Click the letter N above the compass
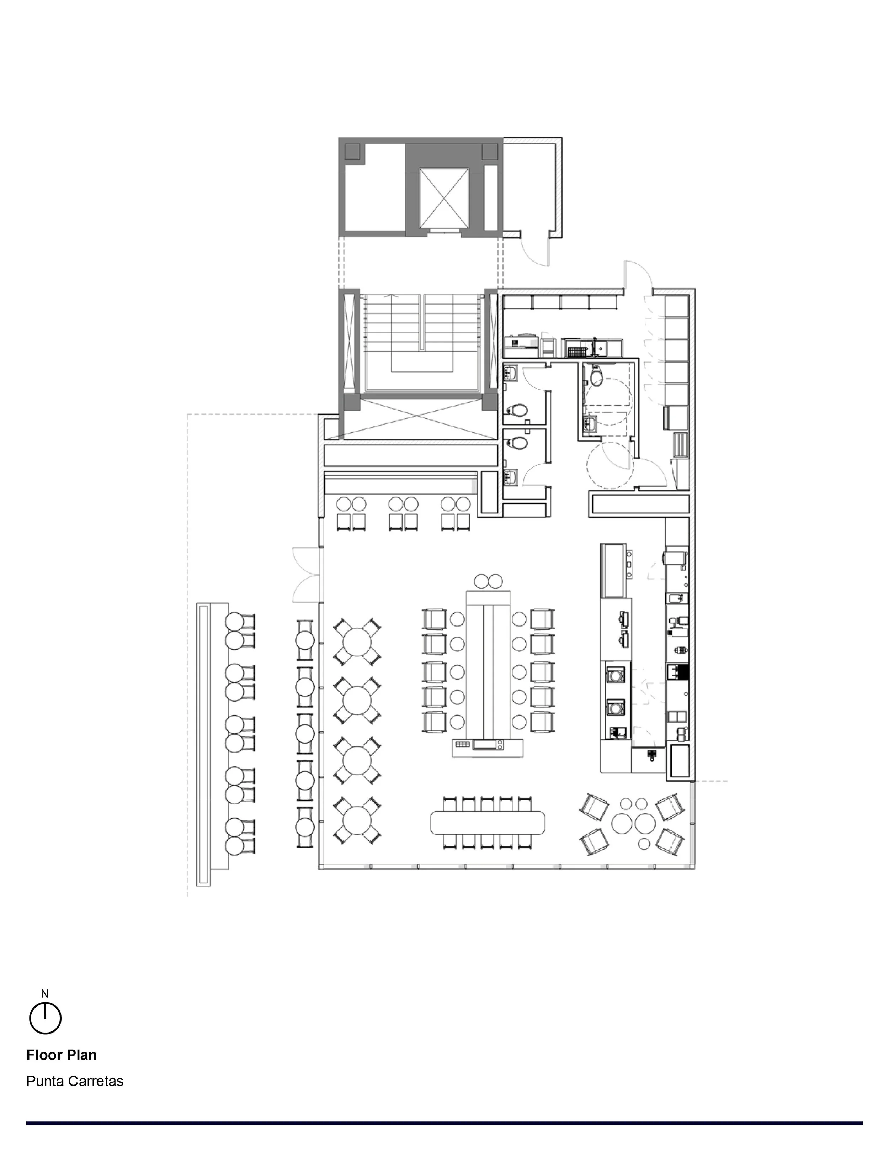[45, 994]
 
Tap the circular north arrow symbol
[45, 1018]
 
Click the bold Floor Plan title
[62, 1055]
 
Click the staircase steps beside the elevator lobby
[421, 337]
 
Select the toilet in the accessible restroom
[596, 376]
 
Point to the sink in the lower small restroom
[510, 477]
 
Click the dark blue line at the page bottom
[445, 1123]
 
